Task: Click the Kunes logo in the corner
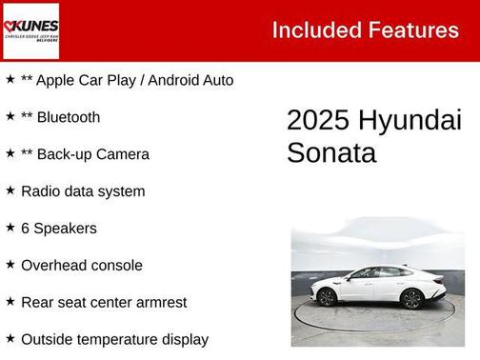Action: tap(31, 30)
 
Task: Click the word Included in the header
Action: tap(312, 30)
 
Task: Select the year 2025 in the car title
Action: tap(318, 121)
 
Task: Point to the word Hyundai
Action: tap(410, 121)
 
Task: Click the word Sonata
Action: tap(318, 152)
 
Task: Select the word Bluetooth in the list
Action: tap(69, 117)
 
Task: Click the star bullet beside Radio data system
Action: tap(10, 190)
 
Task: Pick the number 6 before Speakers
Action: tap(26, 228)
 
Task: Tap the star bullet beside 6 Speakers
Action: tap(10, 228)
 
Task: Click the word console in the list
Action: tap(118, 265)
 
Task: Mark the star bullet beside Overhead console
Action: tap(10, 265)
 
